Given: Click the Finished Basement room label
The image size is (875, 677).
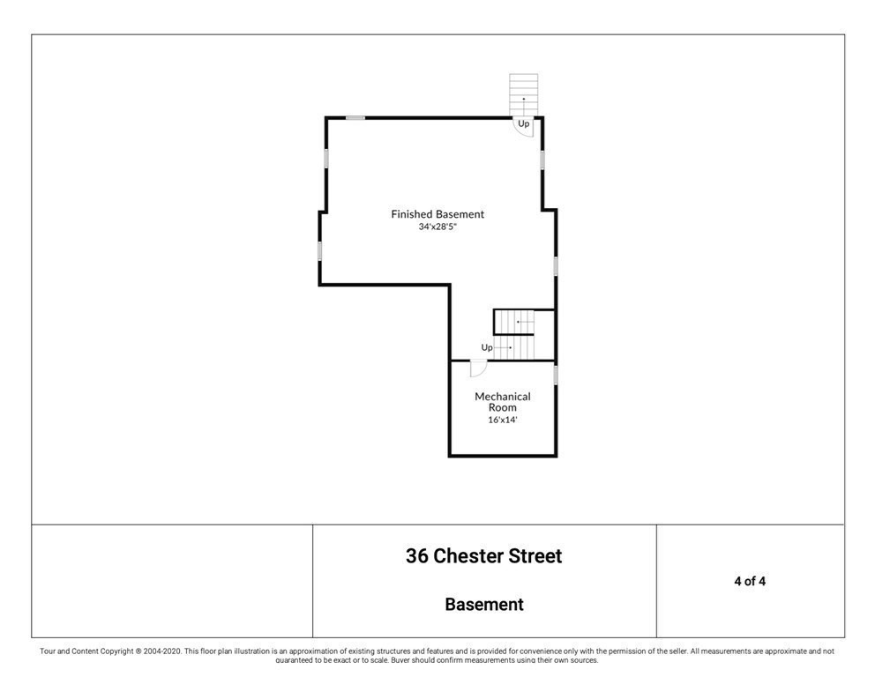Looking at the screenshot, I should pos(437,214).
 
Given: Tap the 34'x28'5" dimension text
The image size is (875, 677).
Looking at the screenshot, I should pos(437,227).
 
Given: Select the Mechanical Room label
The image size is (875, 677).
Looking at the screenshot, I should pos(503,402).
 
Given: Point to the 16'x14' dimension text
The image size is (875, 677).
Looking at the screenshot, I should pos(503,420).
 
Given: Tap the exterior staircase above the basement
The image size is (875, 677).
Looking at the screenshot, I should pos(523,93).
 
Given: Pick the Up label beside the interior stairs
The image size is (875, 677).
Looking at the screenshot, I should pos(487,347).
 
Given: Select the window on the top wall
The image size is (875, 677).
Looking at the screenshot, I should pos(355,117).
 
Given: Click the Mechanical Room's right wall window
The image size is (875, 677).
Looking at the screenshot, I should pos(556,375).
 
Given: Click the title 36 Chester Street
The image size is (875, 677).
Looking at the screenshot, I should pos(483,556).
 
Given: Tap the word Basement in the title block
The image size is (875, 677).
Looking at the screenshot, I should pos(483,605).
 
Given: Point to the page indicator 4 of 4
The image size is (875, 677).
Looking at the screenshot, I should pos(749,581).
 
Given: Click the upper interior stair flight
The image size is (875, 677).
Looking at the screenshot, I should pos(524,322).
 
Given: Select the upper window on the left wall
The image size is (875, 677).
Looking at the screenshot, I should pos(326,158).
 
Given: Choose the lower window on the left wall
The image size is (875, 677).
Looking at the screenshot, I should pos(320,250).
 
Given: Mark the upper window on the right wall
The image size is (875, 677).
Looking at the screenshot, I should pos(542,160).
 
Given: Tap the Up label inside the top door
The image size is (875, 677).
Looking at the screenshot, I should pos(524,124).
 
